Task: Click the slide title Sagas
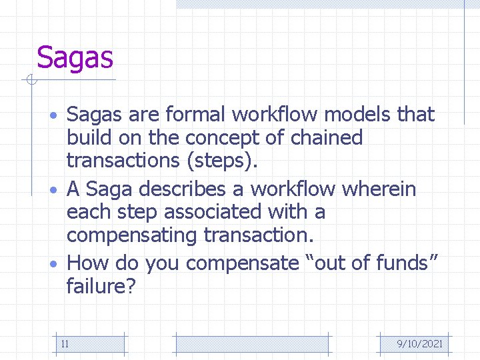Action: point(75,58)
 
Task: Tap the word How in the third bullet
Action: point(91,263)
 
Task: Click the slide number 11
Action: point(65,344)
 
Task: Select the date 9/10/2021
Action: point(419,344)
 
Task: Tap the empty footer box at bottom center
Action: point(252,344)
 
